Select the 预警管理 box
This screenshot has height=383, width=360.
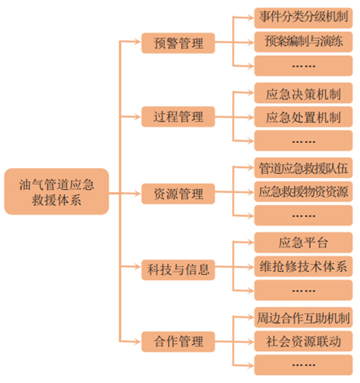tap(178, 43)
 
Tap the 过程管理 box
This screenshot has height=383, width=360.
tap(178, 116)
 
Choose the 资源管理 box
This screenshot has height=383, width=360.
tap(178, 193)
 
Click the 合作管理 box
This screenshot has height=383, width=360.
tap(178, 342)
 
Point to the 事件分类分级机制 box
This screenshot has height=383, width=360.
tap(303, 17)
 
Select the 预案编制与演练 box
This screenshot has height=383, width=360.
tap(303, 41)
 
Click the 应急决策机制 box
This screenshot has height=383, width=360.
tap(303, 94)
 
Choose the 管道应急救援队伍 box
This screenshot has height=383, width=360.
tap(303, 169)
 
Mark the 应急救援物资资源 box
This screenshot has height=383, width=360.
tap(303, 192)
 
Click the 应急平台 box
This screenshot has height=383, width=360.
tap(303, 243)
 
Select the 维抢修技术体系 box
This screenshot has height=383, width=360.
tap(303, 267)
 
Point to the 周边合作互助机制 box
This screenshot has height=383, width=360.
tap(303, 318)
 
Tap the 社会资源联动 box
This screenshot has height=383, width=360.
tap(303, 342)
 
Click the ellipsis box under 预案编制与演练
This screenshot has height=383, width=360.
tap(303, 65)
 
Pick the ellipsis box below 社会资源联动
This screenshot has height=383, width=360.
tap(303, 365)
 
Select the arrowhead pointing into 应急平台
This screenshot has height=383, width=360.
tap(250, 243)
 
